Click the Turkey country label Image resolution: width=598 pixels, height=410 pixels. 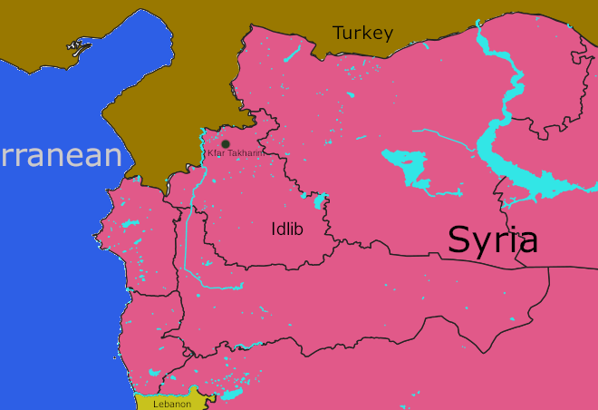tap(362, 34)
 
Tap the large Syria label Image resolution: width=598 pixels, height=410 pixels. tap(493, 239)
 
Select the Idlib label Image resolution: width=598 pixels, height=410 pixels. tap(287, 229)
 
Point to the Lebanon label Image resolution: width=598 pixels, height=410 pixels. tap(172, 404)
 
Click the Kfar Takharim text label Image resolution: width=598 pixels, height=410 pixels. tap(235, 153)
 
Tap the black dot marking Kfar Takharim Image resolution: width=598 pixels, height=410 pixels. tap(226, 143)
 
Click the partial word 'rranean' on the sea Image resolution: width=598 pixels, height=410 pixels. tap(60, 155)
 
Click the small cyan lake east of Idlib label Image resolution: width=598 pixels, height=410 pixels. tap(320, 200)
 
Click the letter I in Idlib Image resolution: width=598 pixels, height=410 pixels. tap(274, 229)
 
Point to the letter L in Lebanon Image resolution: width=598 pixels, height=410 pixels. tap(156, 404)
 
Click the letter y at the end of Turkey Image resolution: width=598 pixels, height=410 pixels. tap(388, 36)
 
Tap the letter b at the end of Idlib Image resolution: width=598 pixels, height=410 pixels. tap(298, 229)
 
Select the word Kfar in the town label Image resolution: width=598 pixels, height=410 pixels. tap(216, 153)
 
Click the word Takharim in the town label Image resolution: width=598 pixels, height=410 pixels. tap(244, 153)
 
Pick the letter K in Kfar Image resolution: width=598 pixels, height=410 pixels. tap(210, 153)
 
